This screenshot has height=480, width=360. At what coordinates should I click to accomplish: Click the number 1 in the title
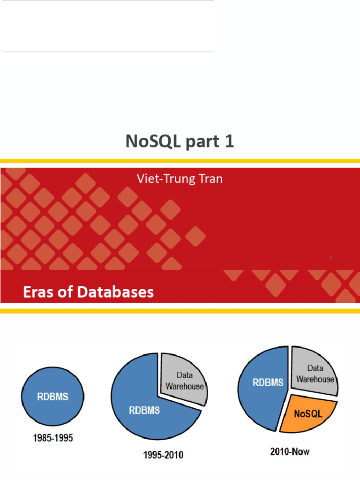[229, 141]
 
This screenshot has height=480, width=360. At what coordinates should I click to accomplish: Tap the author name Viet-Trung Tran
[180, 179]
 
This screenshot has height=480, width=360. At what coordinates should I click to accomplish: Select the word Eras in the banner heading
[39, 292]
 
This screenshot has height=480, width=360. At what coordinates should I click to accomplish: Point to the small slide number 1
[331, 258]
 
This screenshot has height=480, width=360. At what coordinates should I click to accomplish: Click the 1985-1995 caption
[53, 439]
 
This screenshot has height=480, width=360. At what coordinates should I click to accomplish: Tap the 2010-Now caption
[290, 452]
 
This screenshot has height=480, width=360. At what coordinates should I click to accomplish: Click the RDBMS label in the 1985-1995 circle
[52, 397]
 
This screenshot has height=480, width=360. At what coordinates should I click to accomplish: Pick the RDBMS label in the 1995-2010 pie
[144, 411]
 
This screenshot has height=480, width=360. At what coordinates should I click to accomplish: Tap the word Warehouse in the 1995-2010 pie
[185, 386]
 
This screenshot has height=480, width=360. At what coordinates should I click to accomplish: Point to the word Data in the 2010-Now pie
[315, 368]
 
